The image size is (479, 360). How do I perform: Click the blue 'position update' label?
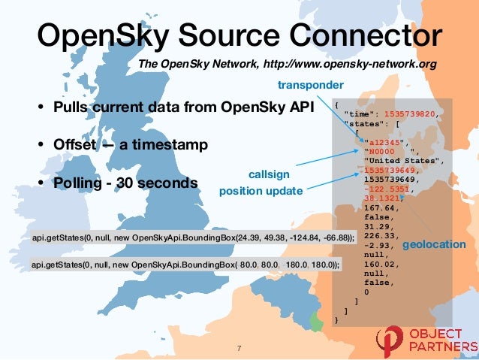tap(260, 191)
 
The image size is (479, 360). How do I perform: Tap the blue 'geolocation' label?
tap(435, 245)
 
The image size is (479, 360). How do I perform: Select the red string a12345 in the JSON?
tap(382, 141)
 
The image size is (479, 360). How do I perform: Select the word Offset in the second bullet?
tap(77, 143)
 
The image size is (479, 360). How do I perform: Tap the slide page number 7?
tap(239, 348)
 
